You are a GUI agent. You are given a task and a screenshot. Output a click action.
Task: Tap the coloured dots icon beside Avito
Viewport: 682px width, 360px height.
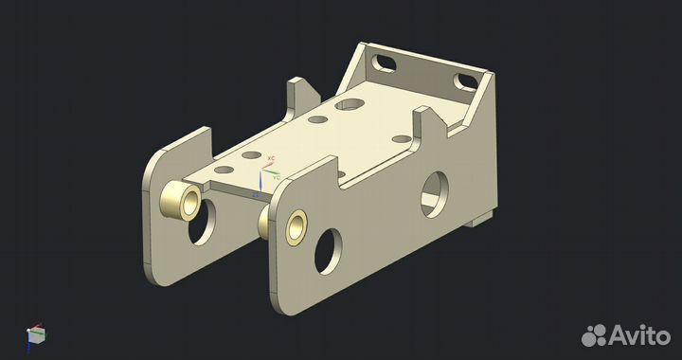(594, 333)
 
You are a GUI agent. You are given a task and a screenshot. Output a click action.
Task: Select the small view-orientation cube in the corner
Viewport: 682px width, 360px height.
(36, 333)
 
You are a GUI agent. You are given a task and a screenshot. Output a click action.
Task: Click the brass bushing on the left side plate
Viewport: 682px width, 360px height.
(180, 200)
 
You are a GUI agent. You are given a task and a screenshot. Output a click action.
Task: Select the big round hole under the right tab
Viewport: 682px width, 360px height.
(436, 191)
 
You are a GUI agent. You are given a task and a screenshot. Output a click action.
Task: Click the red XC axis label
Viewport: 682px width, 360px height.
(271, 158)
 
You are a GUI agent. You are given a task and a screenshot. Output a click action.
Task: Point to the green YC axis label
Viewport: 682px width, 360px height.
(276, 175)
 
